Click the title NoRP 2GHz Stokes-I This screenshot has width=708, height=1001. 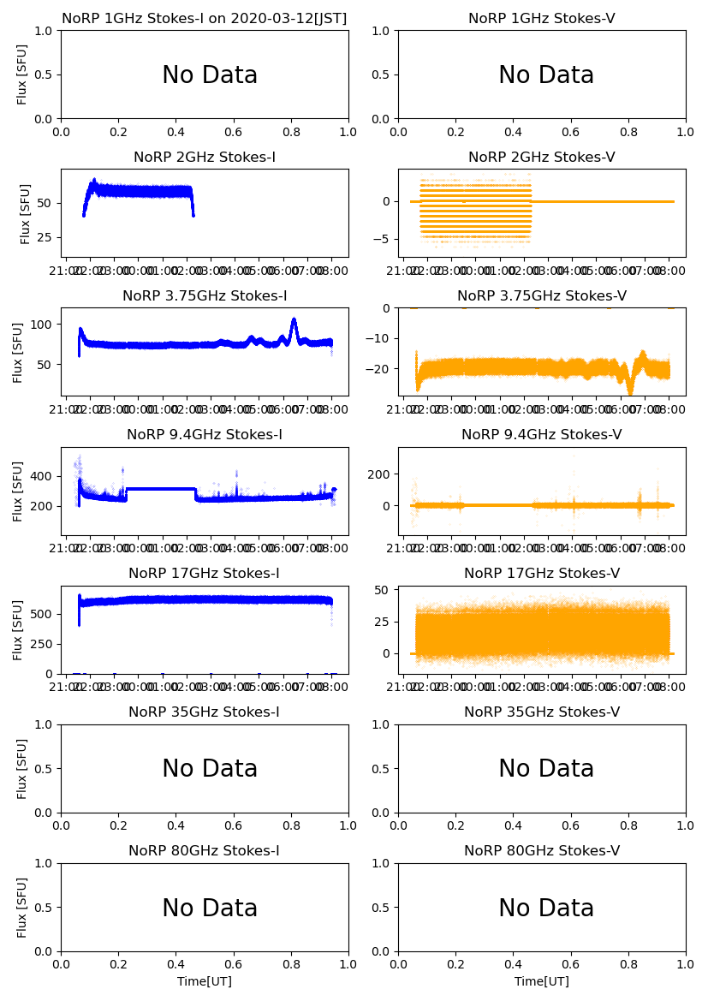(x=205, y=158)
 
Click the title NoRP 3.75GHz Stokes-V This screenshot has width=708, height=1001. (x=541, y=296)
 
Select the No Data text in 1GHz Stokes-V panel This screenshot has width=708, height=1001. (x=546, y=75)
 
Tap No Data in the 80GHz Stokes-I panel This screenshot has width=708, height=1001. (x=210, y=909)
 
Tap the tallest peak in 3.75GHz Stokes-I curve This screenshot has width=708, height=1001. (x=294, y=320)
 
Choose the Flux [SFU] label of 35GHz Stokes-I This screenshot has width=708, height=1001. (x=23, y=768)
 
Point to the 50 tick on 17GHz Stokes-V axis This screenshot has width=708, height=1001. (x=384, y=590)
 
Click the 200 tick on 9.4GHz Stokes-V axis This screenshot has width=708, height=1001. (x=380, y=474)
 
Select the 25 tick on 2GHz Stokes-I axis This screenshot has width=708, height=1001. (x=48, y=237)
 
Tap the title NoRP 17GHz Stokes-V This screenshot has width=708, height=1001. (x=541, y=574)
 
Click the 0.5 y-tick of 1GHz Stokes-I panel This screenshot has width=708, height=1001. (x=45, y=74)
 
